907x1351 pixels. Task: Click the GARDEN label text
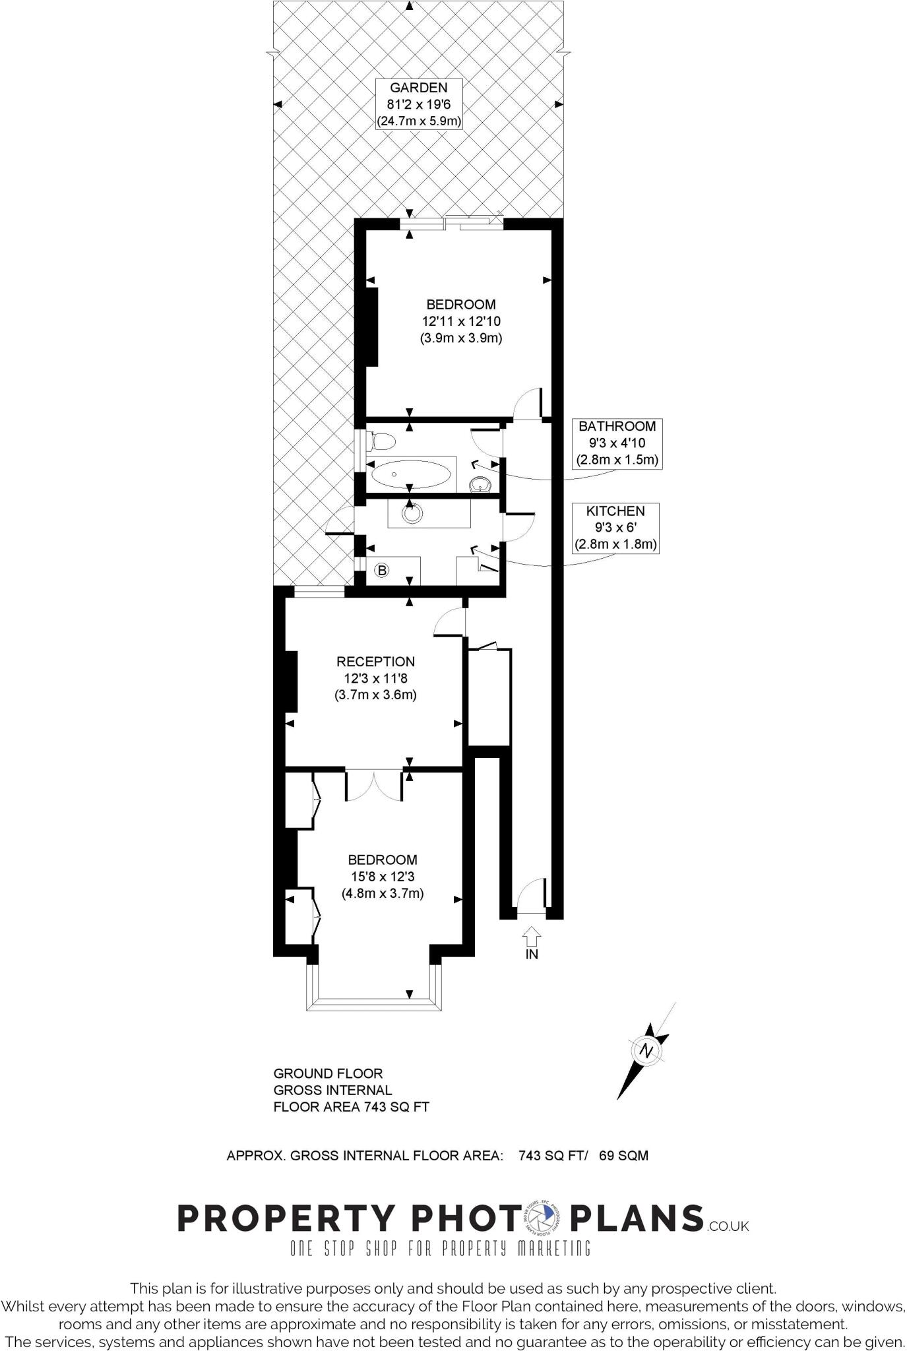[x=418, y=88]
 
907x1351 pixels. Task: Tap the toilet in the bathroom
[x=382, y=441]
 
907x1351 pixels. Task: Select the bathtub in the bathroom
[x=410, y=474]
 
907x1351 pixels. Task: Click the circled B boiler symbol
[x=382, y=571]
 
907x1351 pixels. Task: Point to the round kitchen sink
[x=413, y=514]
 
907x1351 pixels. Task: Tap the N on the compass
[x=646, y=1052]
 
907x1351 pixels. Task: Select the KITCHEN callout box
[x=615, y=528]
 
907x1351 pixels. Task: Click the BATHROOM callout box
[x=617, y=443]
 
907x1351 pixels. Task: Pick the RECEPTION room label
[x=375, y=662]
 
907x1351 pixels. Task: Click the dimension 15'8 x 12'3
[x=382, y=877]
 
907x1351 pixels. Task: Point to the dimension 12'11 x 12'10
[x=461, y=321]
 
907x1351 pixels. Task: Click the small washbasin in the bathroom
[x=480, y=486]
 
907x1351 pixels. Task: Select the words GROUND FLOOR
[x=328, y=1073]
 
